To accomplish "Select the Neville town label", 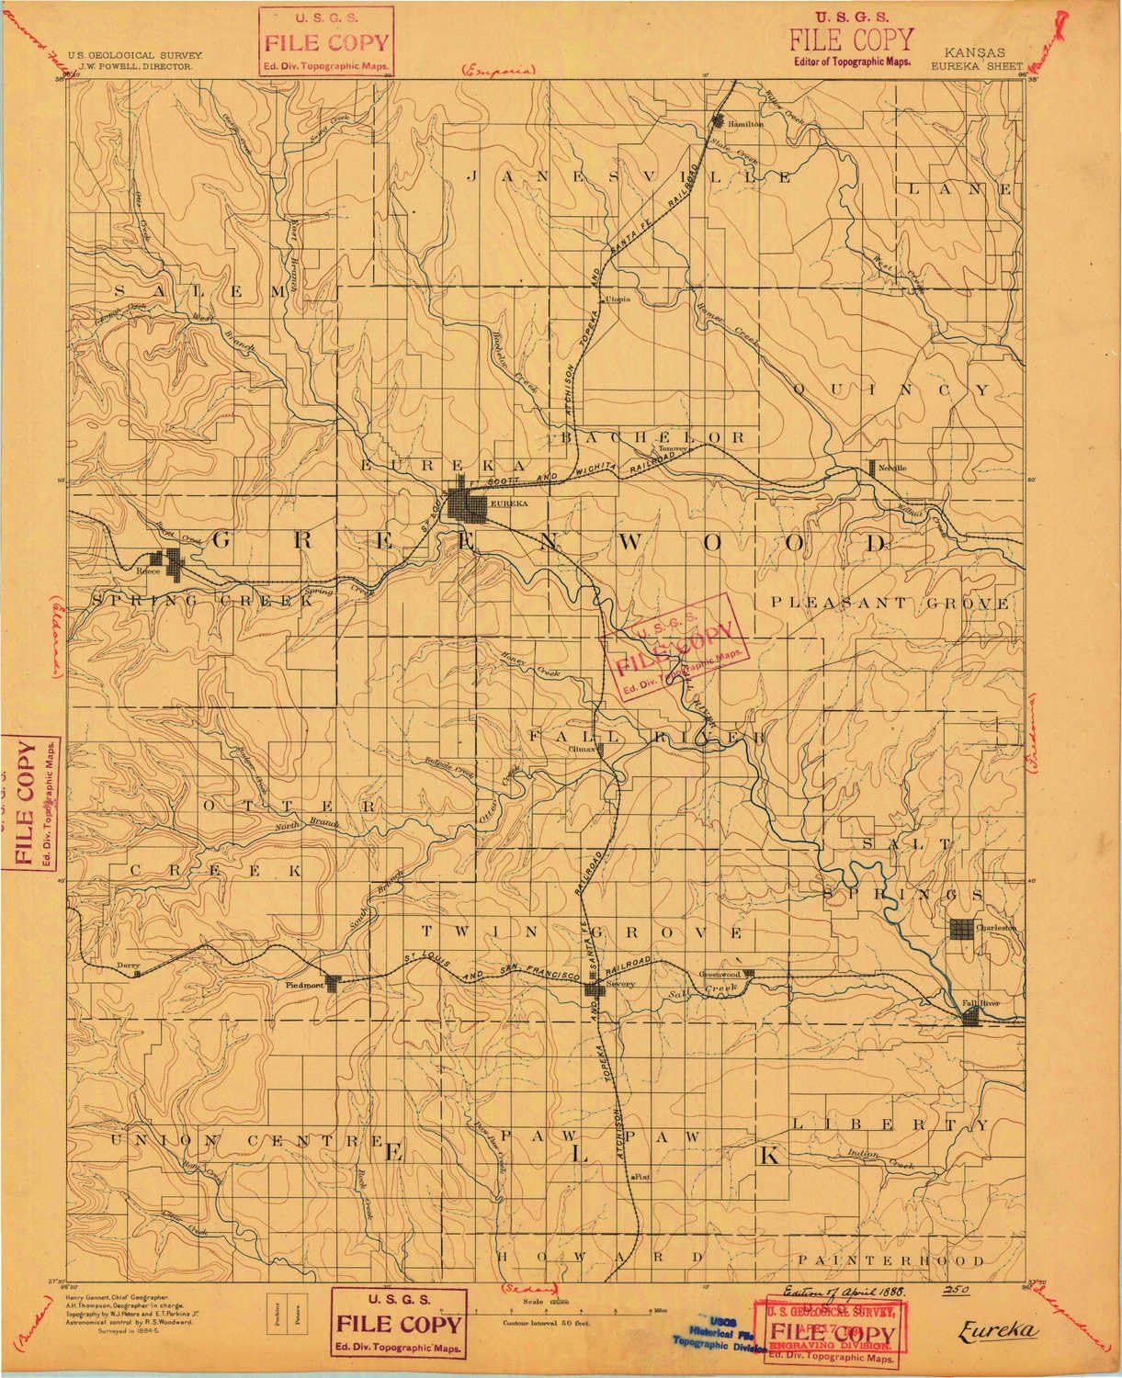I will (x=895, y=468).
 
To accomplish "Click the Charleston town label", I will (x=999, y=929).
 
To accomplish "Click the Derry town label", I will (x=127, y=966).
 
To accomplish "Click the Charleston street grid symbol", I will (x=963, y=929).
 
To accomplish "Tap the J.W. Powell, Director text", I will (x=136, y=67).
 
